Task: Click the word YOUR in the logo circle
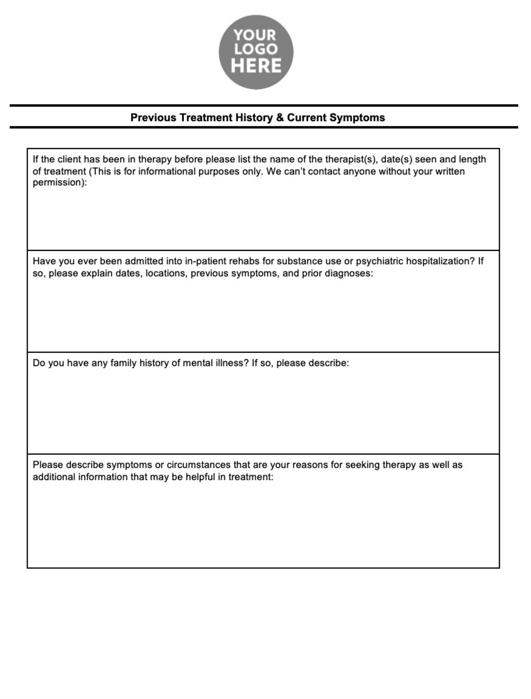tap(255, 35)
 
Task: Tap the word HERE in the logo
tap(256, 66)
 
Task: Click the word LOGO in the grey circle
tap(256, 49)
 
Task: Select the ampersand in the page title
tap(279, 118)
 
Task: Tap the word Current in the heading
tap(306, 118)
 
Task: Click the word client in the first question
tap(69, 160)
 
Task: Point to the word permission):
tap(60, 183)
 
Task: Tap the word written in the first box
tap(450, 172)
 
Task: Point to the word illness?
tap(232, 363)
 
